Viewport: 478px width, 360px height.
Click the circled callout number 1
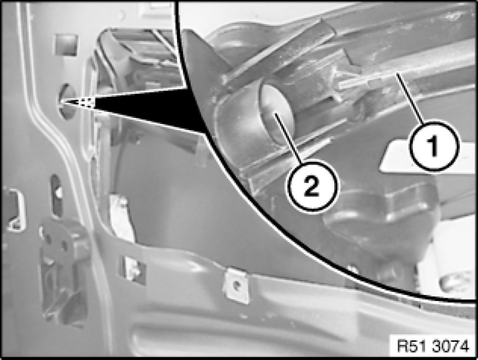click(434, 146)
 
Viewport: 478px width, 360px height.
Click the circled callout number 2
click(312, 185)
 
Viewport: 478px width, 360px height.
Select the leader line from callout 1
click(410, 98)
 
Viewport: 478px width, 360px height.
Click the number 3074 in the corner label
click(451, 346)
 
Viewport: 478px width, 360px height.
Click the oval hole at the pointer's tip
click(67, 102)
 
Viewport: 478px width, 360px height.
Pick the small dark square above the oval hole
click(66, 45)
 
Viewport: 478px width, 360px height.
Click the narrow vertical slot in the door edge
click(57, 195)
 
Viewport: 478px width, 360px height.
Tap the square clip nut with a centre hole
click(236, 285)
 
